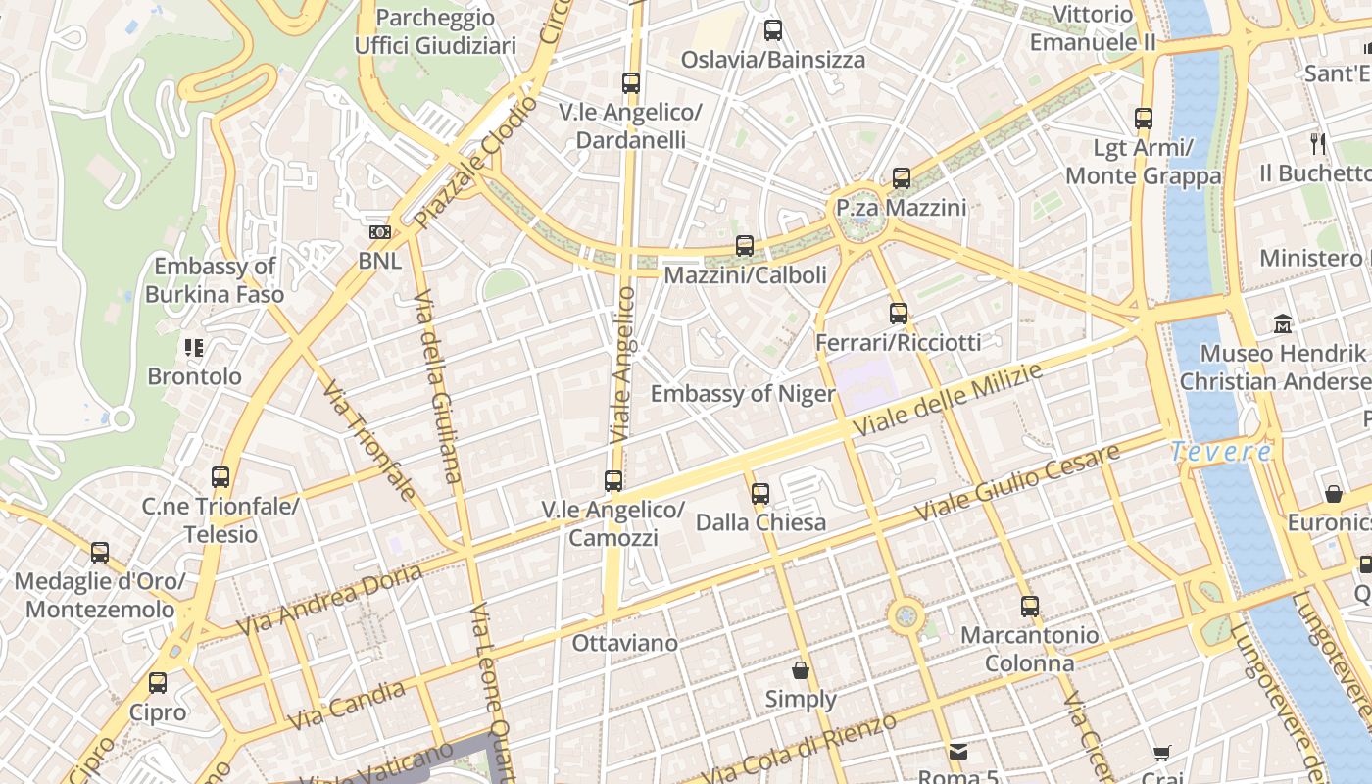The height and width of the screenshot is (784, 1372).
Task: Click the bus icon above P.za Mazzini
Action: point(902,178)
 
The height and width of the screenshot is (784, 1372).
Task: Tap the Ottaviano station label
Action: point(624,643)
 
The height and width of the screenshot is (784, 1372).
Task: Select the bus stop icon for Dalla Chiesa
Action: point(760,493)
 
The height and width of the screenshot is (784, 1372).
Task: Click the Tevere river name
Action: point(1222,452)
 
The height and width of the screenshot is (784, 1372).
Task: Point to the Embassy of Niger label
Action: point(743,394)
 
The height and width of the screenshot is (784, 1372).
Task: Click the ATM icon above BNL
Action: point(379,232)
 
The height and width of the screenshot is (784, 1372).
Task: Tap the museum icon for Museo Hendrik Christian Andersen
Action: point(1283,323)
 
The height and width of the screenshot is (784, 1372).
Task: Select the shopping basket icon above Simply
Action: point(801,670)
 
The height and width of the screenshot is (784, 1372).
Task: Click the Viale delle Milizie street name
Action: point(947,401)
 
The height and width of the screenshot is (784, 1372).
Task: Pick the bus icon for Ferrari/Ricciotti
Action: point(899,314)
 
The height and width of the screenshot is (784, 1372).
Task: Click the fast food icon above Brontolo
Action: point(193,347)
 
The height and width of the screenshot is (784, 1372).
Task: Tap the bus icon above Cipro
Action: point(158,682)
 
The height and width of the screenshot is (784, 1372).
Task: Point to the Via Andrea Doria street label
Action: point(329,599)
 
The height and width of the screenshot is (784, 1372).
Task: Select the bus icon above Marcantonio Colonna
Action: point(1029,606)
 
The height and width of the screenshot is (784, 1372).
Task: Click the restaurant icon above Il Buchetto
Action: point(1318,144)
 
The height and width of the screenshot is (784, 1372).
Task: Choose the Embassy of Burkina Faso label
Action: point(215,280)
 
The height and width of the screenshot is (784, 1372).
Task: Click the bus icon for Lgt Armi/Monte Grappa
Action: point(1143,119)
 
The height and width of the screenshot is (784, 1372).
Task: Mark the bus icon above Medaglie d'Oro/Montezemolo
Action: point(100,552)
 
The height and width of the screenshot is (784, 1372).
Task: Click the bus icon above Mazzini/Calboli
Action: point(745,245)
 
